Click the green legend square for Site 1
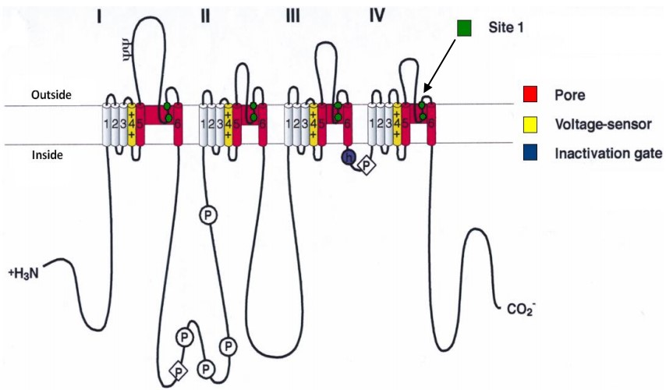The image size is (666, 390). (x=465, y=29)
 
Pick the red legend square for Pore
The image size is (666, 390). (x=530, y=97)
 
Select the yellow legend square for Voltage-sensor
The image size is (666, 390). (x=530, y=125)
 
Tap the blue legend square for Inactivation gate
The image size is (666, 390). (x=530, y=153)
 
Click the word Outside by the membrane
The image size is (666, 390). (x=51, y=94)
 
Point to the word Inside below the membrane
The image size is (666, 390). (x=47, y=155)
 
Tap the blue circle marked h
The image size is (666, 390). (x=348, y=157)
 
